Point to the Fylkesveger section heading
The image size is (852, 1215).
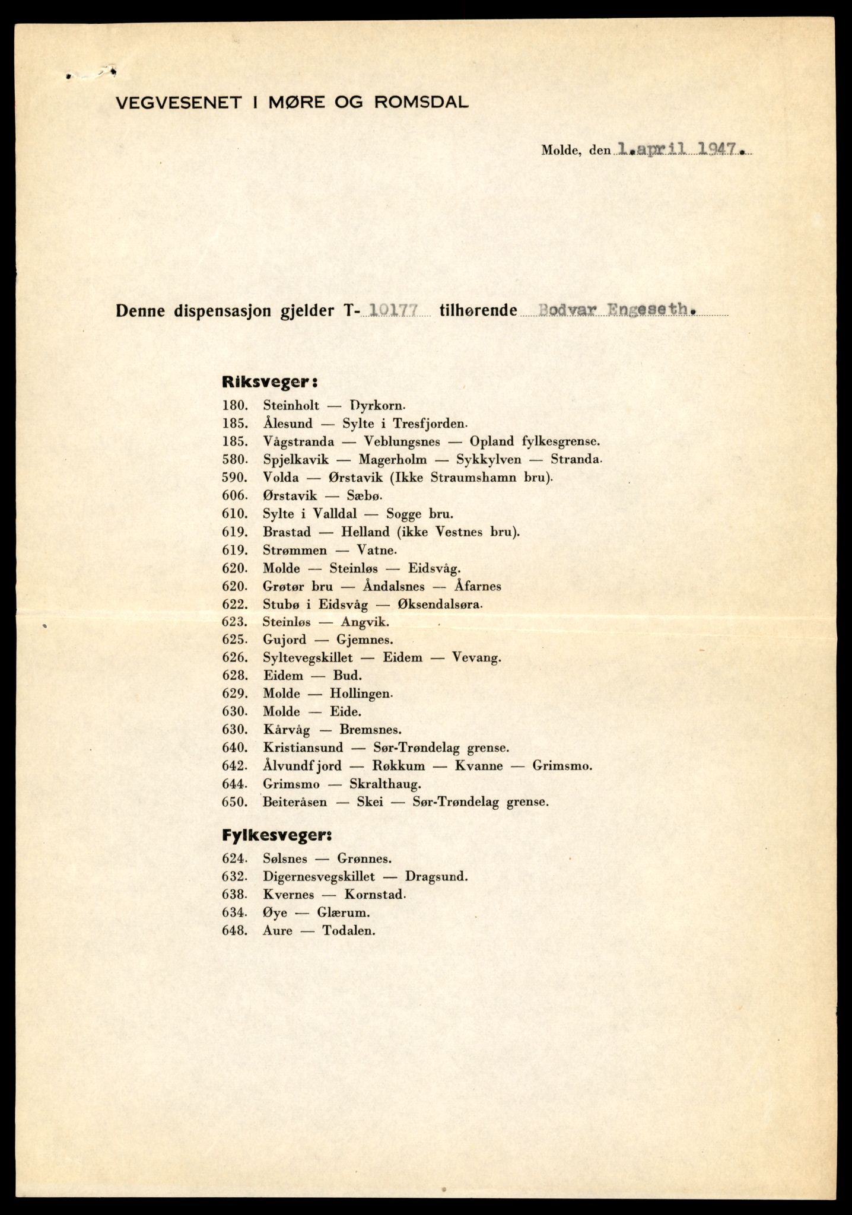pyautogui.click(x=276, y=835)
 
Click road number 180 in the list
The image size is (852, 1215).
pyautogui.click(x=233, y=406)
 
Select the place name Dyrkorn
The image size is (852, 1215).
pyautogui.click(x=377, y=406)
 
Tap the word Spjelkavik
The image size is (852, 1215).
pyautogui.click(x=295, y=460)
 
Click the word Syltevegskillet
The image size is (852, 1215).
pyautogui.click(x=307, y=657)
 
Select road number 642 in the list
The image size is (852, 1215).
pyautogui.click(x=233, y=766)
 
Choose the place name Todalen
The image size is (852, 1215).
pyautogui.click(x=349, y=930)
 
